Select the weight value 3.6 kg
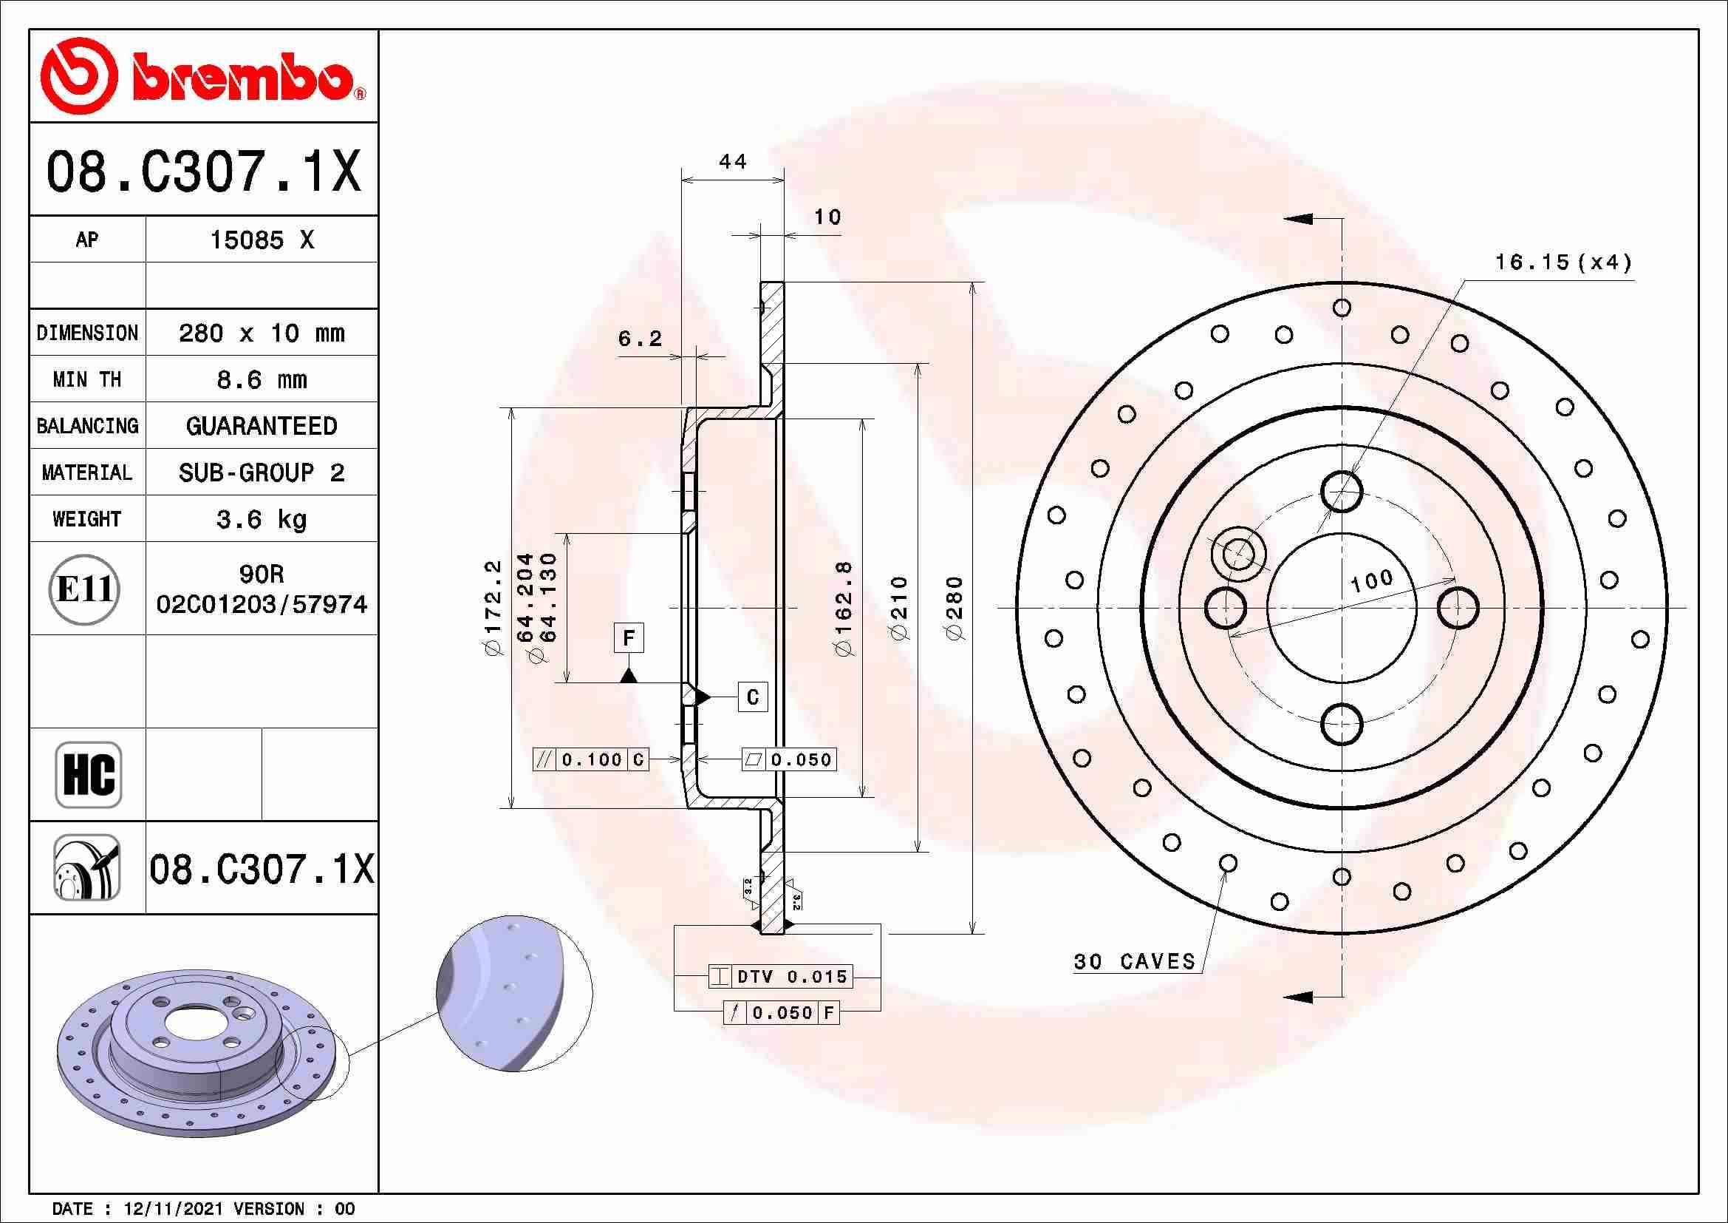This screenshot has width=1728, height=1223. coord(261,519)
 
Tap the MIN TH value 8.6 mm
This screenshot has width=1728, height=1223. coord(261,379)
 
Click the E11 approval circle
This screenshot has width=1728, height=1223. coord(85,589)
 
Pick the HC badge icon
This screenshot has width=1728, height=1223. coord(88,774)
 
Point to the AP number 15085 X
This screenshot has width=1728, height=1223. coord(261,240)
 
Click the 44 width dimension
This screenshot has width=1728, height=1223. coord(732,162)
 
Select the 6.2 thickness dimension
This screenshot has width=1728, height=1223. coord(640,339)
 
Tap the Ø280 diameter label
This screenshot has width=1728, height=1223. coord(955,608)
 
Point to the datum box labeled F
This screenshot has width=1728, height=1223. coord(629,639)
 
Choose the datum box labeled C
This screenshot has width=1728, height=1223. coord(753,697)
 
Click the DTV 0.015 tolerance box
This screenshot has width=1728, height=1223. coord(781,977)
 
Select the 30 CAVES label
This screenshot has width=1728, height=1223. coord(1134,962)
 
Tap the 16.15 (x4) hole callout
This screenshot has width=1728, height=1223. coord(1563,262)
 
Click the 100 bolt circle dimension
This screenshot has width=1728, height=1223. coord(1371,580)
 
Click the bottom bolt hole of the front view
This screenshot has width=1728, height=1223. coord(1342,724)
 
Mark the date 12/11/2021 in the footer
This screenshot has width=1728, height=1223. coord(172,1209)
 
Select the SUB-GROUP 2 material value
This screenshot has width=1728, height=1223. coord(261,472)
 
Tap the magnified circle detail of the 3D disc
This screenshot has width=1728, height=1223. coord(514,993)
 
